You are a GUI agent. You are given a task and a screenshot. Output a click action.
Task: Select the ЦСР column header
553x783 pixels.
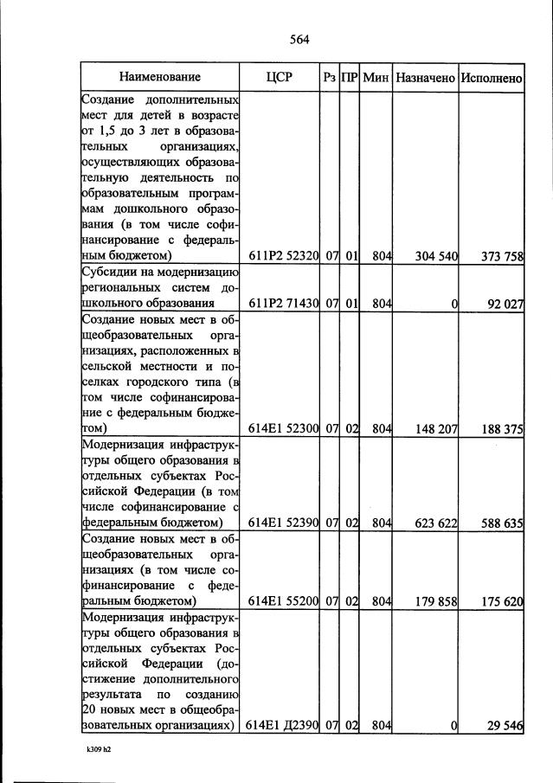click(280, 77)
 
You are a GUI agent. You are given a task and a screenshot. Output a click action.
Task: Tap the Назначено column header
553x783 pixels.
click(425, 77)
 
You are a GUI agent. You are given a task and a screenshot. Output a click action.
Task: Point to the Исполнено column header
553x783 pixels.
click(491, 77)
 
